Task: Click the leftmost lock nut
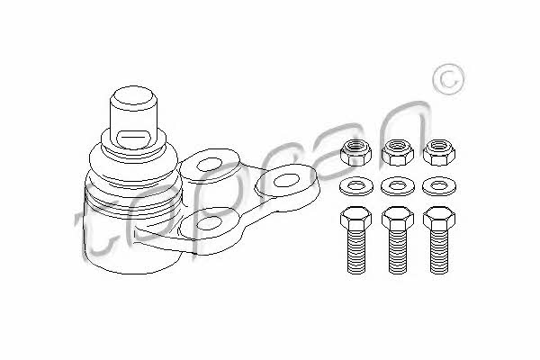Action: pyautogui.click(x=355, y=152)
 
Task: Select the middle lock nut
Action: pyautogui.click(x=398, y=152)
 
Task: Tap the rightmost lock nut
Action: pyautogui.click(x=439, y=152)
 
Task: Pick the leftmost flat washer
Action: pyautogui.click(x=355, y=186)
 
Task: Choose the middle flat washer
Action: pyautogui.click(x=398, y=186)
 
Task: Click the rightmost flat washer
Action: pyautogui.click(x=439, y=186)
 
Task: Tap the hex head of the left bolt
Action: pyautogui.click(x=355, y=219)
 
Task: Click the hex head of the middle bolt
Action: pyautogui.click(x=398, y=219)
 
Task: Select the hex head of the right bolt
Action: pyautogui.click(x=439, y=219)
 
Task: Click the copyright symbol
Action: pyautogui.click(x=448, y=79)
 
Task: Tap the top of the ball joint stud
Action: pyautogui.click(x=133, y=98)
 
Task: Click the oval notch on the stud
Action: pyautogui.click(x=133, y=139)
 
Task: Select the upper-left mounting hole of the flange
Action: pyautogui.click(x=210, y=165)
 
